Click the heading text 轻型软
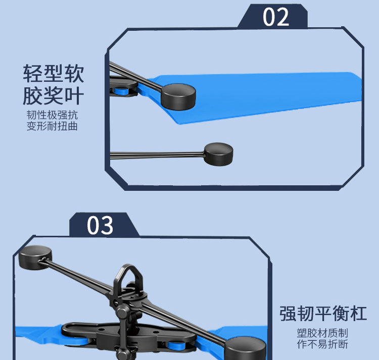(x=54, y=73)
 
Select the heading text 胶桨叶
(x=54, y=95)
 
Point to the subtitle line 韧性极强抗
(x=52, y=115)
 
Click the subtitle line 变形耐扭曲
(x=52, y=126)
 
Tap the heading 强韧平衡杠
(x=323, y=314)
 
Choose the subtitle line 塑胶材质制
(x=322, y=333)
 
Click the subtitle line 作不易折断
(x=322, y=344)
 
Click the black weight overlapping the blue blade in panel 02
(x=178, y=97)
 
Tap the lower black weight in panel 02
(x=218, y=154)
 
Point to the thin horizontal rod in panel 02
(x=157, y=155)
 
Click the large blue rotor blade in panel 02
(x=254, y=96)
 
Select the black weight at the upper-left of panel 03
(x=35, y=257)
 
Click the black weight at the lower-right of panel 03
(x=245, y=348)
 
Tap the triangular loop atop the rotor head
(x=128, y=277)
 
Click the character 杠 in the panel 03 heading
(x=358, y=314)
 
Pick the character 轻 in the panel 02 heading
(x=33, y=73)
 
